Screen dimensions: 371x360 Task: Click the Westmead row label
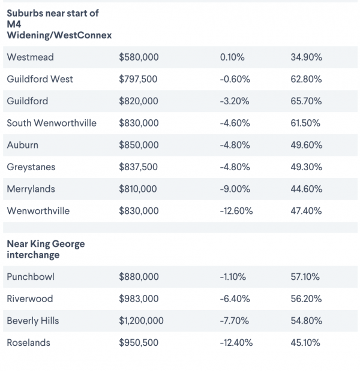point(30,57)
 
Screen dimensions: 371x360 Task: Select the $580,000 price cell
point(139,57)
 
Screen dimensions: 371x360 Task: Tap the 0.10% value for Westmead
point(233,57)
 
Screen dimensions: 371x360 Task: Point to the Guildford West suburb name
point(40,79)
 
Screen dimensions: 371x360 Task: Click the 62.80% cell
point(306,79)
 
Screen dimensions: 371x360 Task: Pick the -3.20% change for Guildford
point(235,101)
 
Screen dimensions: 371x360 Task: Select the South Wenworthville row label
point(52,123)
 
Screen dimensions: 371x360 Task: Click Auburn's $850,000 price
point(139,145)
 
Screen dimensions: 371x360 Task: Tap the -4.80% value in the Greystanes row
point(235,167)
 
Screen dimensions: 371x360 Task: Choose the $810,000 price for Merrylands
point(138,189)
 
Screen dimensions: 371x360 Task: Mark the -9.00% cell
point(235,189)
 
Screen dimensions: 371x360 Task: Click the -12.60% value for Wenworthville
point(236,211)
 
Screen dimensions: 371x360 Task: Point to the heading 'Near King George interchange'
point(46,249)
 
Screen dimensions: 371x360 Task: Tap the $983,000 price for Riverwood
point(139,299)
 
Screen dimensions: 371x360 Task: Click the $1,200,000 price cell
point(141,321)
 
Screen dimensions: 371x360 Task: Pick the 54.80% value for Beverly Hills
point(306,321)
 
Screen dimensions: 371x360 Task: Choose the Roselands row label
point(28,343)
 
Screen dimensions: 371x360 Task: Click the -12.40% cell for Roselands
point(236,343)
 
